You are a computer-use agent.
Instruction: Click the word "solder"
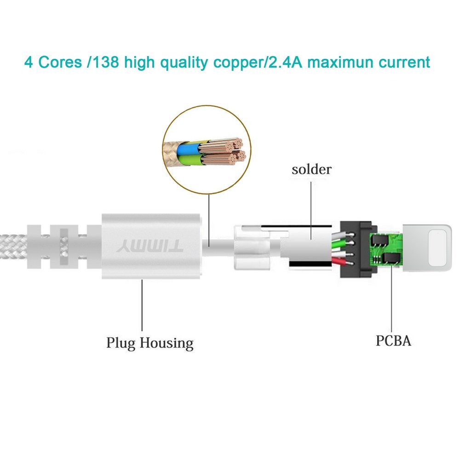tap(311, 169)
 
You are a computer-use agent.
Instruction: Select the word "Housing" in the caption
tap(167, 343)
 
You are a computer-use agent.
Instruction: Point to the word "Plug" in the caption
tap(121, 343)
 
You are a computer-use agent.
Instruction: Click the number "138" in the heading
tap(104, 62)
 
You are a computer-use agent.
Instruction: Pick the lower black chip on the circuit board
tap(391, 259)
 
